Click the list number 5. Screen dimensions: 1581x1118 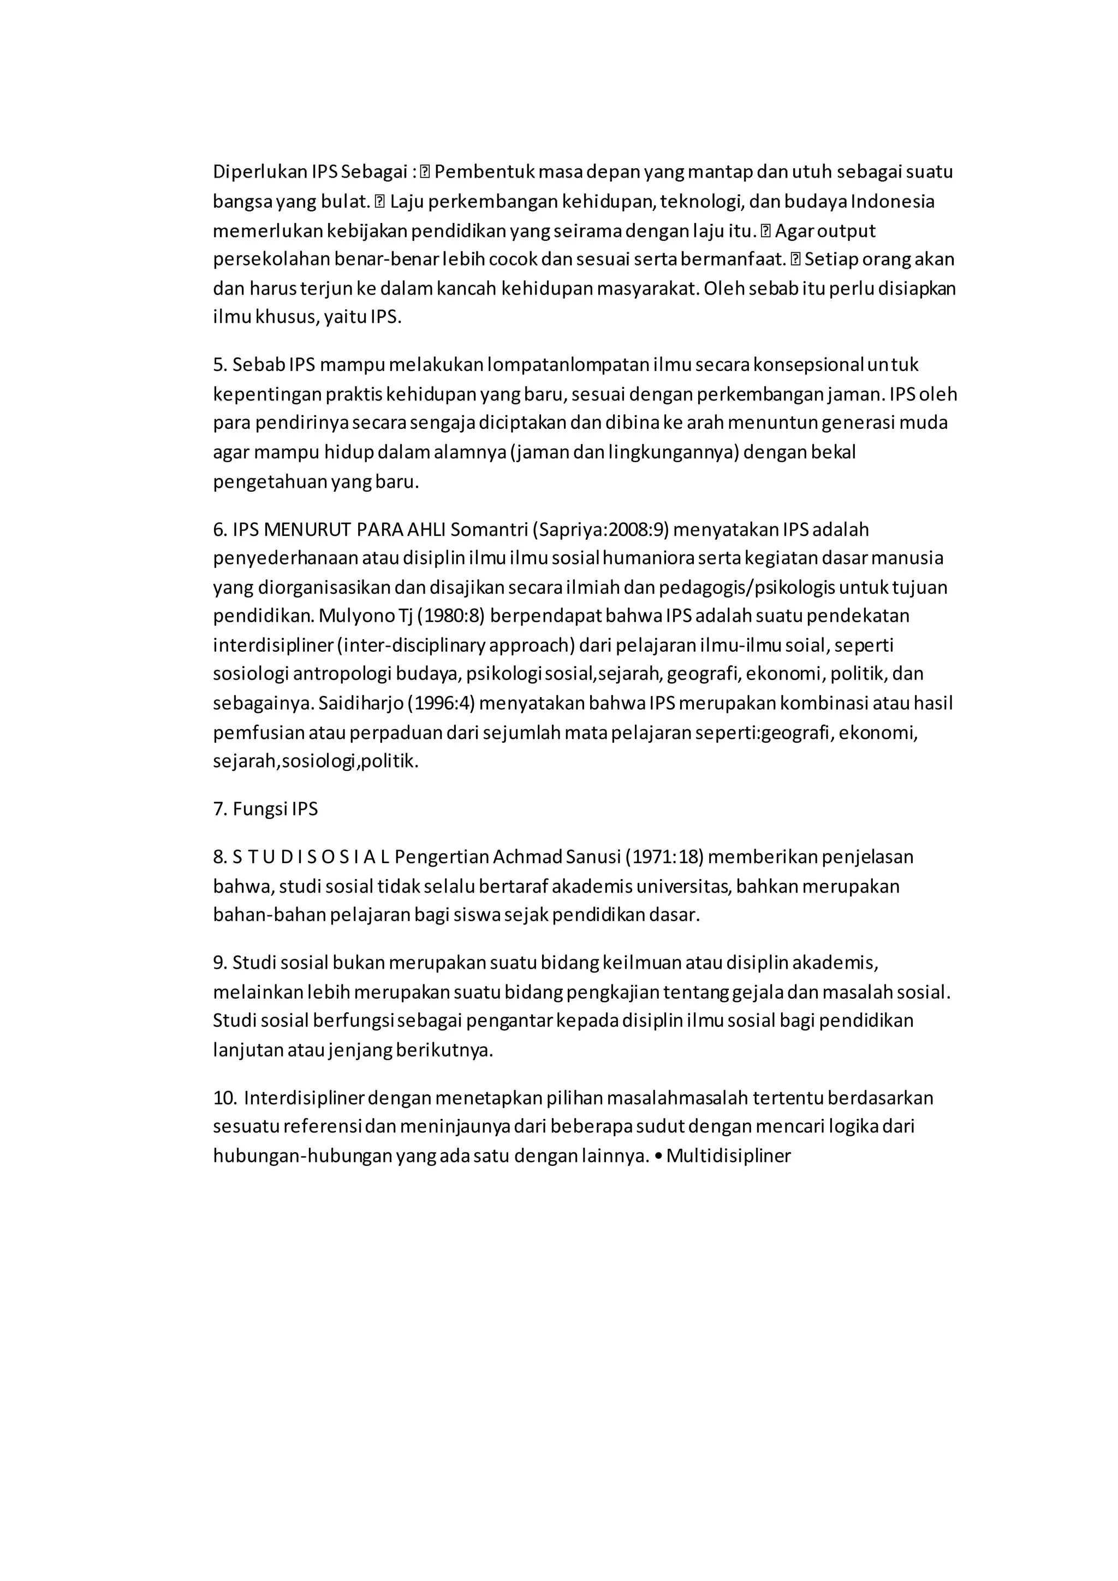pyautogui.click(x=219, y=364)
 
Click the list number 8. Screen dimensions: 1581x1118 pyautogui.click(x=219, y=857)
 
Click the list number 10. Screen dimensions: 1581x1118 pyautogui.click(x=224, y=1098)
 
